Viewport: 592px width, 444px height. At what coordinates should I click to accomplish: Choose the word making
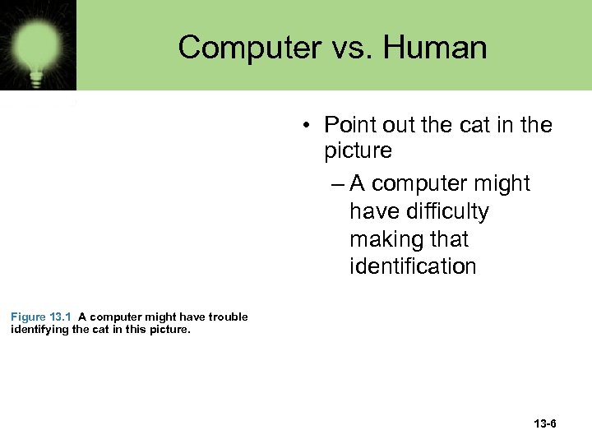tap(385, 239)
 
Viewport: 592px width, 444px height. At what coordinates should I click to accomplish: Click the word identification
tap(413, 266)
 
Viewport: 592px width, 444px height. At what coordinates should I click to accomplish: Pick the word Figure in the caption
tap(29, 317)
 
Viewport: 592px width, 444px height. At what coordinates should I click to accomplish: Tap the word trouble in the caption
tap(228, 317)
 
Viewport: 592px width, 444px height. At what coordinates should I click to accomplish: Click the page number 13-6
tap(544, 424)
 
